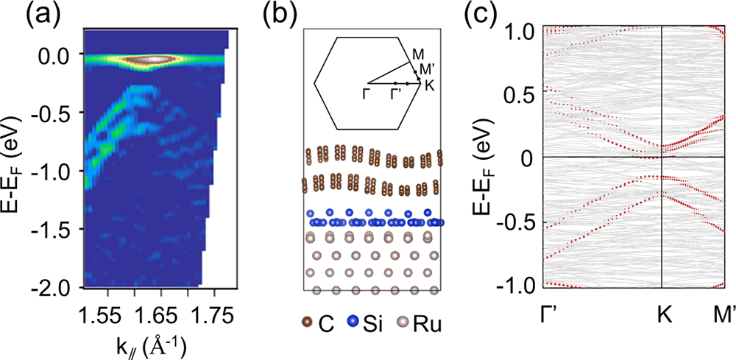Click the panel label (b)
[276, 14]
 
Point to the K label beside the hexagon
[430, 85]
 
